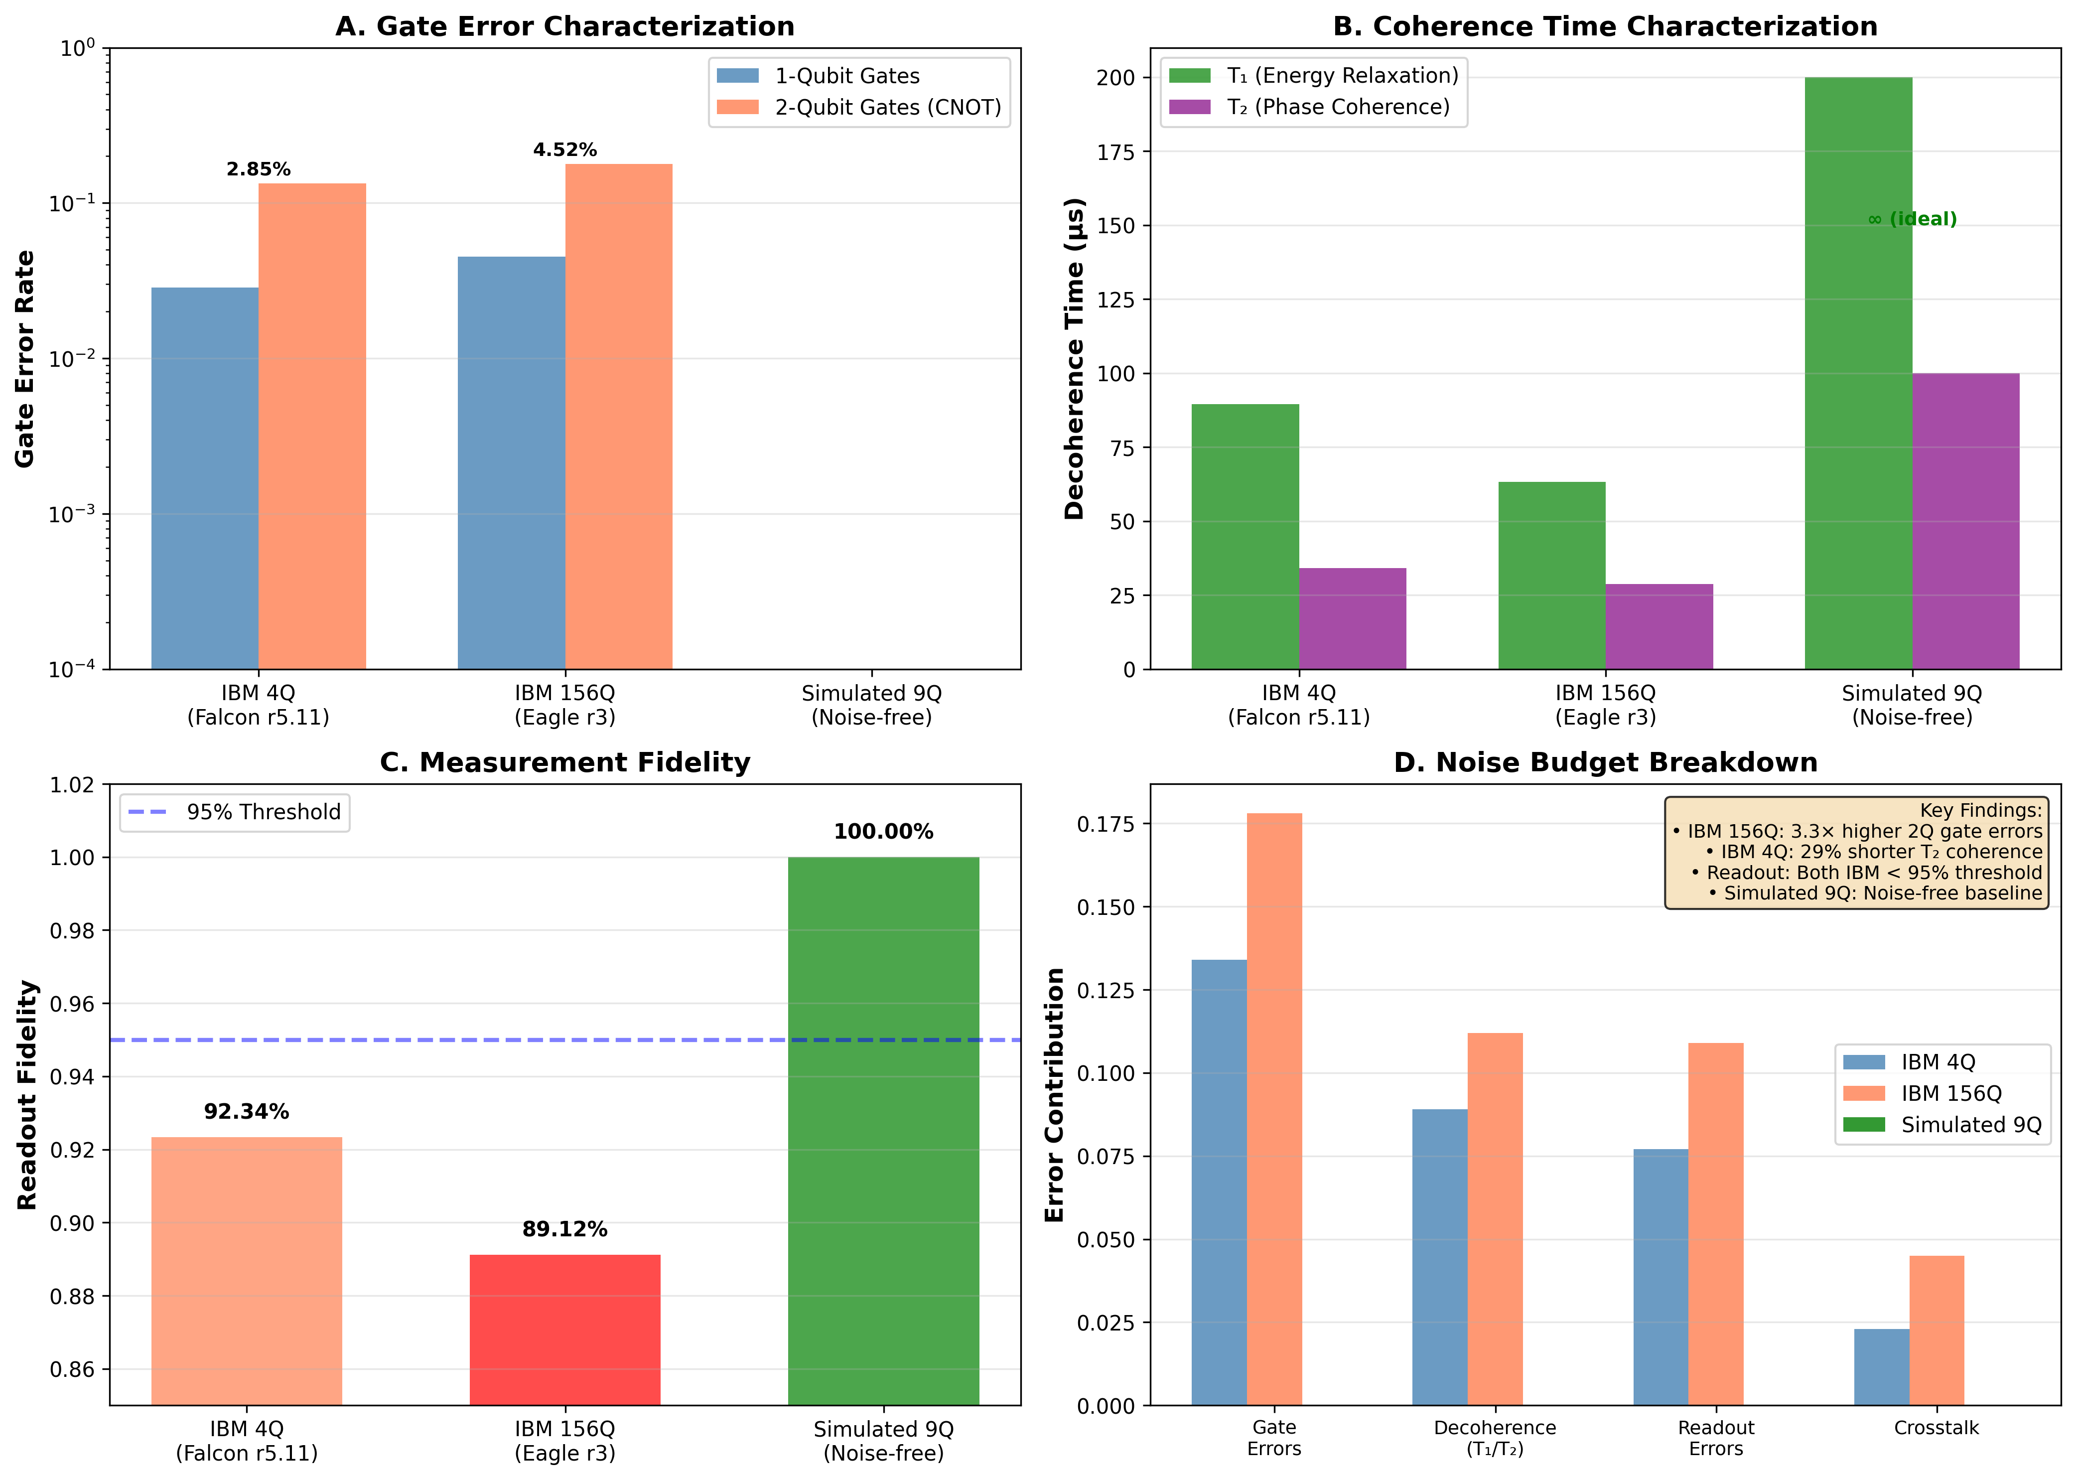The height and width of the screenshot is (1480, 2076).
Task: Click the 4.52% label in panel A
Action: pyautogui.click(x=565, y=149)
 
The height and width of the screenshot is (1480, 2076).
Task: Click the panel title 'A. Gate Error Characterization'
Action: pyautogui.click(x=565, y=26)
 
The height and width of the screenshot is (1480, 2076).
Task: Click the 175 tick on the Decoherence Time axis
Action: pyautogui.click(x=1116, y=152)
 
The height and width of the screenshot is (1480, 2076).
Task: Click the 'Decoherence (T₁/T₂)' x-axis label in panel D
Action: pyautogui.click(x=1494, y=1437)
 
